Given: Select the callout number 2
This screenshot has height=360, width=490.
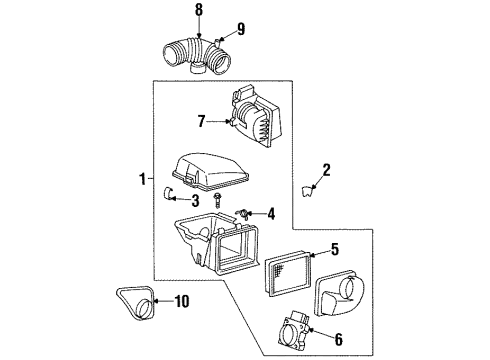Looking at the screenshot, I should coord(325,171).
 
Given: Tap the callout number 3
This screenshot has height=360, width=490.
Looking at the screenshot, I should coord(194,201).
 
